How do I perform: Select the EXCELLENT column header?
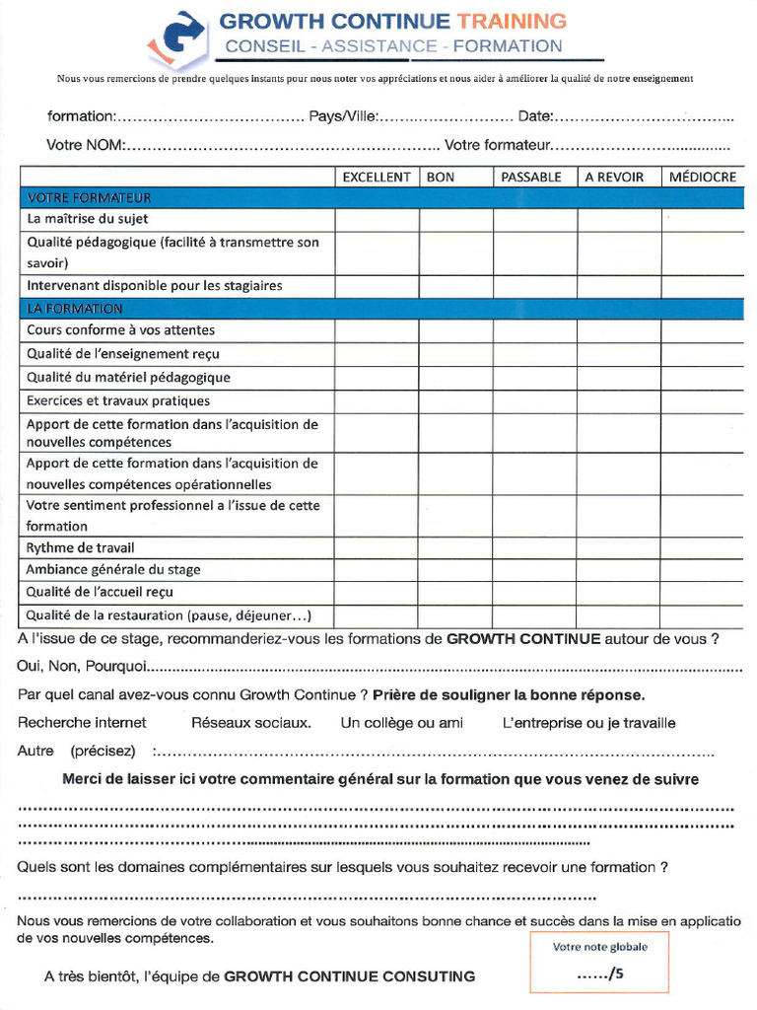click(377, 177)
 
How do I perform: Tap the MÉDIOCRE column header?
click(702, 177)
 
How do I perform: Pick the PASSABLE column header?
click(531, 177)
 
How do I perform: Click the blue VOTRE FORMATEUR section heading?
click(90, 197)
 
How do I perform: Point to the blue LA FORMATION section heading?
click(75, 309)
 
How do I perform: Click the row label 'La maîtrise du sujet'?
click(88, 219)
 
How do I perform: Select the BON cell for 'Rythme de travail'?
click(456, 547)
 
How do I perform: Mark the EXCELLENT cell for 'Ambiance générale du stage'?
click(377, 569)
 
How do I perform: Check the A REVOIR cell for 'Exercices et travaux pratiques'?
click(619, 401)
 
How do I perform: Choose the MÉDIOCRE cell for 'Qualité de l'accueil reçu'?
click(702, 592)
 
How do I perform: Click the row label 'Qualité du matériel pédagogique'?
click(128, 377)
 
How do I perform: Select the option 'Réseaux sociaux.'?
click(251, 723)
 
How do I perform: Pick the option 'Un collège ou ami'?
click(402, 723)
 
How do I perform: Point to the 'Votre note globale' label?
click(600, 947)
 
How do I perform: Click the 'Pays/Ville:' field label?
click(343, 116)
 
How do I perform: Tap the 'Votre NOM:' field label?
click(86, 146)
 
